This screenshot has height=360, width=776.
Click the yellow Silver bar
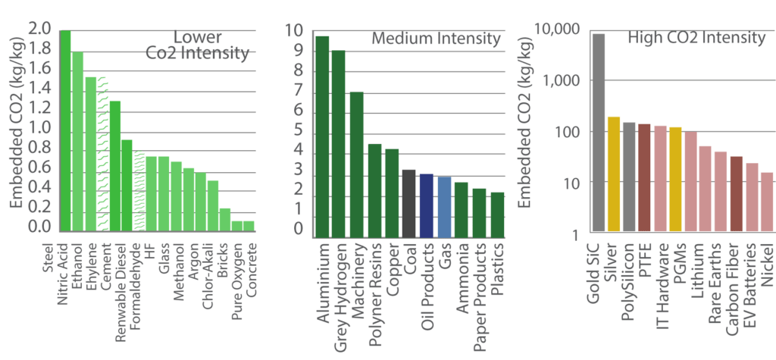(x=614, y=174)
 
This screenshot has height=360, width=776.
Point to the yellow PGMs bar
(x=676, y=179)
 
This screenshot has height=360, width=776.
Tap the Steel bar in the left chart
(x=65, y=130)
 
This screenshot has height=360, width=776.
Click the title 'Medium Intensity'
(x=436, y=39)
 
